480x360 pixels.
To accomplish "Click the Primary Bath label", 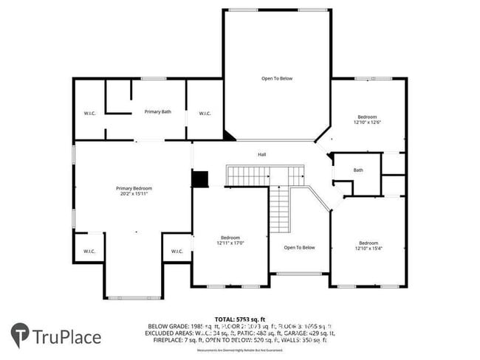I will click(x=157, y=111).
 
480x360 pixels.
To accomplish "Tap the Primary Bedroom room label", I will click(x=133, y=188).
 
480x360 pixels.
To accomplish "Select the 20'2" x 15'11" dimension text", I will click(x=133, y=194).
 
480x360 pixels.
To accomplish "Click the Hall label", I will click(x=261, y=154).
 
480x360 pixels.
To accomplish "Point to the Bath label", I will click(x=358, y=170).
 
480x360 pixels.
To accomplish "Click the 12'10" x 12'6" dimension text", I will click(x=367, y=122).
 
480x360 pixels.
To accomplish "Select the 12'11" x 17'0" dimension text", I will click(x=230, y=243).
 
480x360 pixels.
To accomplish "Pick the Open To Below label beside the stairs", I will click(x=299, y=247).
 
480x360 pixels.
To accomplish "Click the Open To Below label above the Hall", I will click(x=277, y=78).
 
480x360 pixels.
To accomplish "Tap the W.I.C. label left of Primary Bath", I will click(x=89, y=113).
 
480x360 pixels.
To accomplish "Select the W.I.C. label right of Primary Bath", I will click(x=205, y=113).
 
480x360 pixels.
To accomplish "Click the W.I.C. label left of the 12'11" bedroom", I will click(x=177, y=251).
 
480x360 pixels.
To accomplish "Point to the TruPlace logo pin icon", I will click(x=20, y=334).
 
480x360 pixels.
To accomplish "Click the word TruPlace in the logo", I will click(x=66, y=338).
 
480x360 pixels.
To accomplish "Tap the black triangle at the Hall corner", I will click(x=230, y=136).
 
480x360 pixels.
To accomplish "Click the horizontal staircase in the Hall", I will click(x=265, y=176).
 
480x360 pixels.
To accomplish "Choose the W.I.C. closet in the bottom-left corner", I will click(x=89, y=249).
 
